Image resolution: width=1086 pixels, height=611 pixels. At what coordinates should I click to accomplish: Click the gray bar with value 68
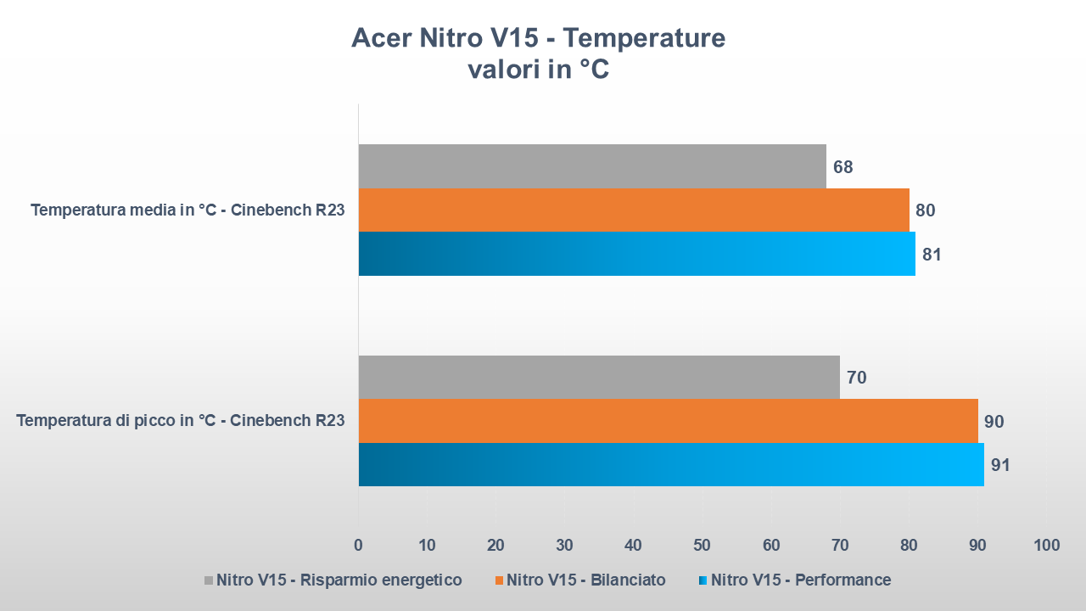(592, 166)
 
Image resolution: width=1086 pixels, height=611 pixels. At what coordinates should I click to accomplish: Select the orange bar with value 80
(634, 210)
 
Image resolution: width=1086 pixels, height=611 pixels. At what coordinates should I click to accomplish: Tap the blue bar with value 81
(636, 254)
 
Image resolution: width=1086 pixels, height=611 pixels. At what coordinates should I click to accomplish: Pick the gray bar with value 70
(599, 377)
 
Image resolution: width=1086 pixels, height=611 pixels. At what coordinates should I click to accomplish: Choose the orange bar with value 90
(668, 421)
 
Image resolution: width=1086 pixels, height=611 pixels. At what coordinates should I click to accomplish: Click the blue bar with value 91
(671, 464)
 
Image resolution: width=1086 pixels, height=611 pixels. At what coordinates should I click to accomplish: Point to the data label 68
(842, 167)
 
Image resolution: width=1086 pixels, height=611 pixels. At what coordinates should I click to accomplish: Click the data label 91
(1000, 465)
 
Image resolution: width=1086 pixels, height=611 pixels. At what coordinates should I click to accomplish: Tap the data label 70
(856, 378)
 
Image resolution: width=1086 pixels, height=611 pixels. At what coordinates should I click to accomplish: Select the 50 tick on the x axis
(702, 545)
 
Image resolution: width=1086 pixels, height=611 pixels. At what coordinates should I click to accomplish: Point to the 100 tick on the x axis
(1047, 545)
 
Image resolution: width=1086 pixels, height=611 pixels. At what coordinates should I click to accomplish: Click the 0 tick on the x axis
(358, 545)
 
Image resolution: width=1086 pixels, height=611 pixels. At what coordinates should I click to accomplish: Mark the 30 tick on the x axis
(564, 545)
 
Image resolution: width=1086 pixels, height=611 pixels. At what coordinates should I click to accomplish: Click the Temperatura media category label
(188, 210)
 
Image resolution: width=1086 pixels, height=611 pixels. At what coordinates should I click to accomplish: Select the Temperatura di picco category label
(181, 420)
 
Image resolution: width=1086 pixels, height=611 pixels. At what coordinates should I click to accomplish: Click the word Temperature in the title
(644, 38)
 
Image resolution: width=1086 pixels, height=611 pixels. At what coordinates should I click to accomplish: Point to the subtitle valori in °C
(539, 70)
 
